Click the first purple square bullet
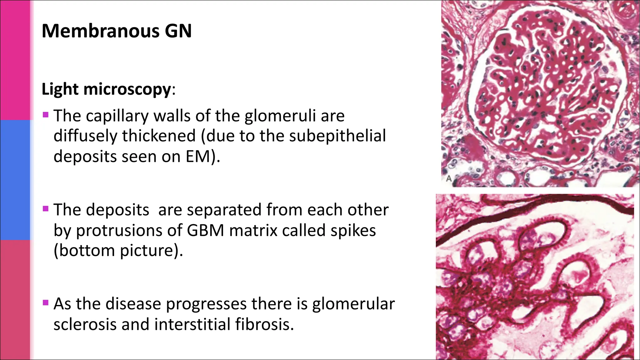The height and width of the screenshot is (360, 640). [46, 115]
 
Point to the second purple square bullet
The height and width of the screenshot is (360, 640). [46, 208]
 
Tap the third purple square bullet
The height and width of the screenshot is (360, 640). [46, 302]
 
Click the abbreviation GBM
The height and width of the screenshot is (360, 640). [206, 230]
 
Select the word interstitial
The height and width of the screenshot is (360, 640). [192, 324]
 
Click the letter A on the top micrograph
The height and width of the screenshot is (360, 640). [449, 179]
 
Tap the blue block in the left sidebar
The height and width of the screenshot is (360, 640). [15, 180]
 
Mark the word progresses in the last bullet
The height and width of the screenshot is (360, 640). [206, 304]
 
